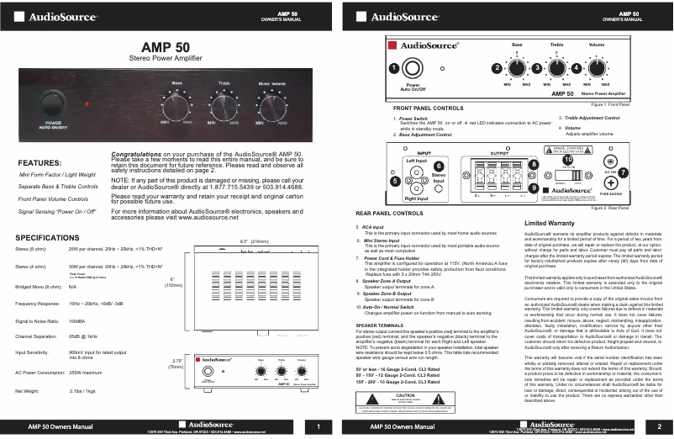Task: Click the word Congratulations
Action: pyautogui.click(x=141, y=156)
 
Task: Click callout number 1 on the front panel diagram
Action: pyautogui.click(x=393, y=67)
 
